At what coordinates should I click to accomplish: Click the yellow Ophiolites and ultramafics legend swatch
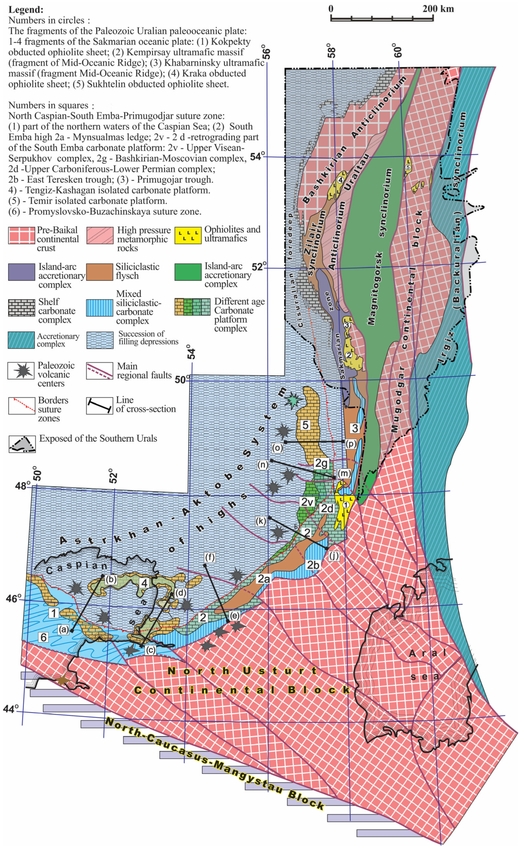click(188, 235)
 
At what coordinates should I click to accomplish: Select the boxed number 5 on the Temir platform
click(305, 425)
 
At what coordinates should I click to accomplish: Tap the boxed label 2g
click(321, 463)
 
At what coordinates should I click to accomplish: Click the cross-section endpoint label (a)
click(64, 630)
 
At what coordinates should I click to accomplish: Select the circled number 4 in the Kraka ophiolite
click(340, 180)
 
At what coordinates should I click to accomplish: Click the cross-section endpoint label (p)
click(351, 444)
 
